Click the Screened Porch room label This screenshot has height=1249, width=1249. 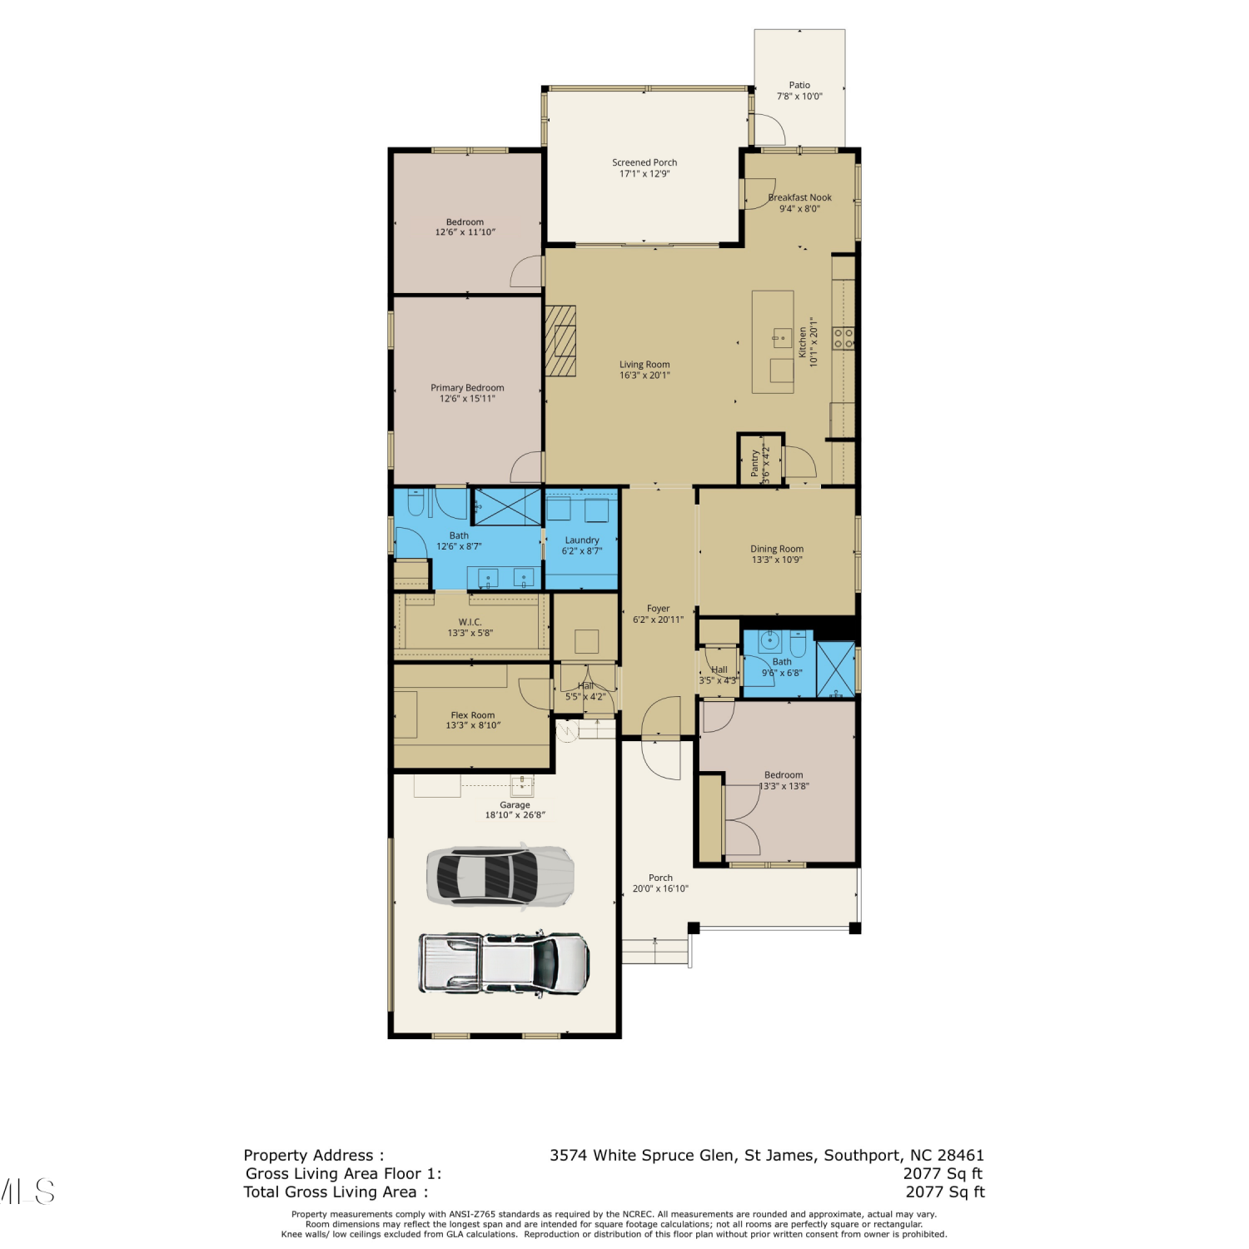[x=644, y=162]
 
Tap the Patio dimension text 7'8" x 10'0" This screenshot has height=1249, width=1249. [x=799, y=97]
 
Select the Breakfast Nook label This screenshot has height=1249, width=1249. [x=799, y=197]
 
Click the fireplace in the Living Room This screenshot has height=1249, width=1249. [x=560, y=341]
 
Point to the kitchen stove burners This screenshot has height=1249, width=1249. [x=843, y=338]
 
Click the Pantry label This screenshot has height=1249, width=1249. [x=755, y=463]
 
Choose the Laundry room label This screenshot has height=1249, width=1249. [x=582, y=540]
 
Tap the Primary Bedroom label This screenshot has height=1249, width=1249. [x=467, y=388]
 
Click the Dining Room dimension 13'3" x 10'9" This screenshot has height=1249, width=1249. [x=777, y=560]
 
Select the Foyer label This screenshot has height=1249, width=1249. [x=658, y=609]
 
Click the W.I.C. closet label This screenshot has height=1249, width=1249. [x=470, y=622]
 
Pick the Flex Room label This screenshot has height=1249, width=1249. [x=473, y=715]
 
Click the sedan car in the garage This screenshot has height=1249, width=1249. [x=500, y=875]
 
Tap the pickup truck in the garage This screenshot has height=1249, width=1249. [x=505, y=963]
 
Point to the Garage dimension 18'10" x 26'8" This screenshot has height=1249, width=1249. [x=515, y=815]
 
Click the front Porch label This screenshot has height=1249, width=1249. [x=660, y=878]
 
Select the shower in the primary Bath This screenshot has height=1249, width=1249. [x=507, y=506]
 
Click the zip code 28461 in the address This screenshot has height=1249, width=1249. [x=961, y=1155]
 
